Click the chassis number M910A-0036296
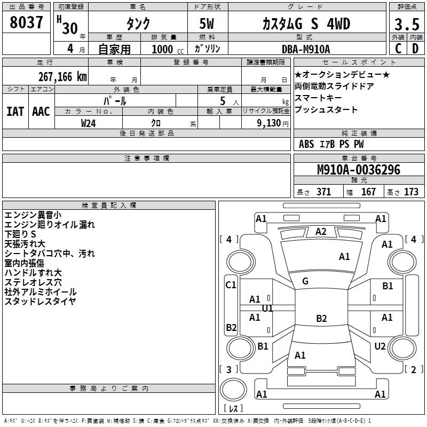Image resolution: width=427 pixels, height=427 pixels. pos(359,170)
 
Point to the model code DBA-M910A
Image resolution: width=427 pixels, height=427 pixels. pos(306,49)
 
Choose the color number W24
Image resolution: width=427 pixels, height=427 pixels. pos(89,123)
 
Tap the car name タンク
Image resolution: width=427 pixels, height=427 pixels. pos(138,24)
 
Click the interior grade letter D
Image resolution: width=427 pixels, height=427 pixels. pos(415,49)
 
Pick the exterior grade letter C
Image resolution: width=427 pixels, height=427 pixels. pos(398,49)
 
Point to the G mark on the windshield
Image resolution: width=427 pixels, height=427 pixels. pos(305,281)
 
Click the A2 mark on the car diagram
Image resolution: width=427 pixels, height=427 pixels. pos(321,232)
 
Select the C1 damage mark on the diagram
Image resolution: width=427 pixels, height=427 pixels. pos(231,285)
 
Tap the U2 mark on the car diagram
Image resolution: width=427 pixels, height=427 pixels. pos(380,346)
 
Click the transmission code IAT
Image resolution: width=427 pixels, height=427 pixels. pos(15,112)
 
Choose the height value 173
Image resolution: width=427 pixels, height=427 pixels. pos(411,192)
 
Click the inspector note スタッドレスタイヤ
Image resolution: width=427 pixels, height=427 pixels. pos(41,302)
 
